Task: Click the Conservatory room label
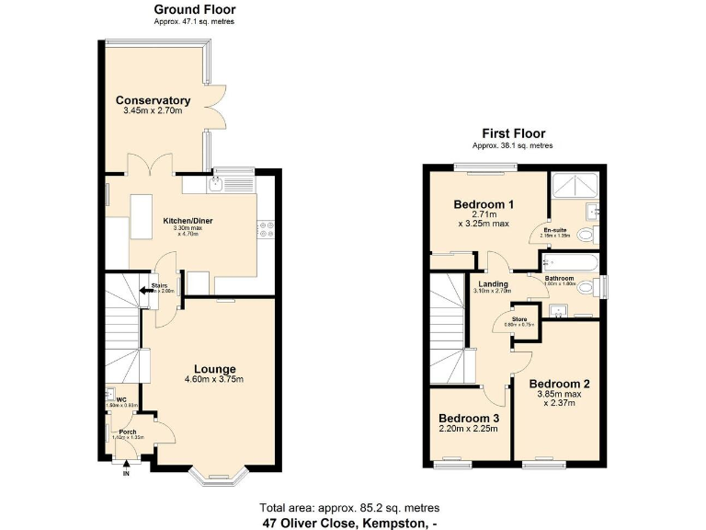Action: coord(153,100)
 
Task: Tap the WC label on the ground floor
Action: coord(120,398)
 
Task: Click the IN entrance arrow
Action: coord(127,466)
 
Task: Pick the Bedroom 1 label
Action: coord(484,204)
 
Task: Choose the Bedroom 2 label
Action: coord(559,384)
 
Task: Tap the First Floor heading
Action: coord(513,133)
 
